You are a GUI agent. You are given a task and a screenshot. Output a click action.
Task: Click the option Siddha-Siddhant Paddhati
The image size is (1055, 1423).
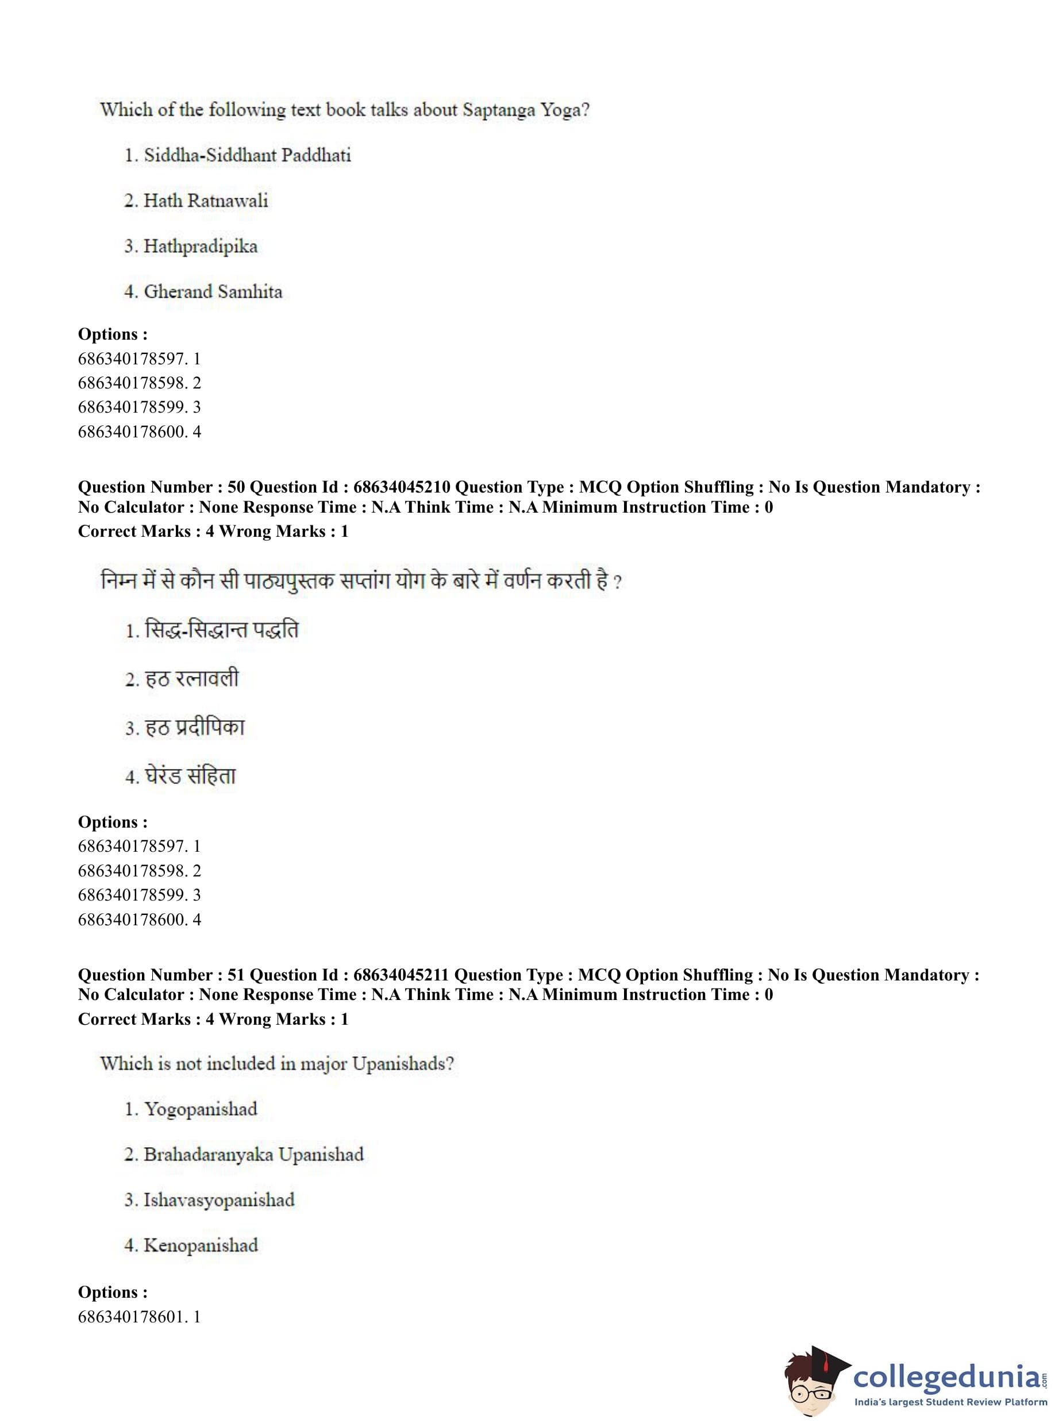[x=247, y=155]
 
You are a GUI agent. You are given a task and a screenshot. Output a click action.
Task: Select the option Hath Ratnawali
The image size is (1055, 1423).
[x=205, y=201]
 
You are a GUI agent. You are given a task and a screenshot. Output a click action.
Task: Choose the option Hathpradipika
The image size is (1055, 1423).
[x=200, y=247]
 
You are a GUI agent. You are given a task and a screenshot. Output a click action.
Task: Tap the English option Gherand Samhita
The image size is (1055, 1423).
[x=213, y=292]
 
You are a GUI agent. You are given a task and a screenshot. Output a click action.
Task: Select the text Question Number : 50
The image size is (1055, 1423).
[x=161, y=487]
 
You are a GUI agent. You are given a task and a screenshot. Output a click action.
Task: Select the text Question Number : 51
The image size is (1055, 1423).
[x=161, y=975]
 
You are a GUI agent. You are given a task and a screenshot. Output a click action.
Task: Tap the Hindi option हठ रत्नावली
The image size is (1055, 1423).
[x=191, y=678]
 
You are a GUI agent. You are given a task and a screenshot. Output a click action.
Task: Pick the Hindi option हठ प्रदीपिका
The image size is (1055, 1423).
[x=194, y=728]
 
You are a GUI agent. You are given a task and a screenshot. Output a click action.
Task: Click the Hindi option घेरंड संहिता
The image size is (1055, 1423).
[x=190, y=776]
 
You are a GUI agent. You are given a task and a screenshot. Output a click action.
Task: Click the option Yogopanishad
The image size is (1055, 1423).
[x=200, y=1109]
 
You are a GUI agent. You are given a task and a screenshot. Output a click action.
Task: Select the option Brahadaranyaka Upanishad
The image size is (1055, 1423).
[x=253, y=1155]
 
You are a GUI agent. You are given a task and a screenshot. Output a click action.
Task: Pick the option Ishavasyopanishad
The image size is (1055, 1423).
[x=218, y=1200]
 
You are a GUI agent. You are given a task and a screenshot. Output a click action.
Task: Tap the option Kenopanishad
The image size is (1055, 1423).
[x=201, y=1245]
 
